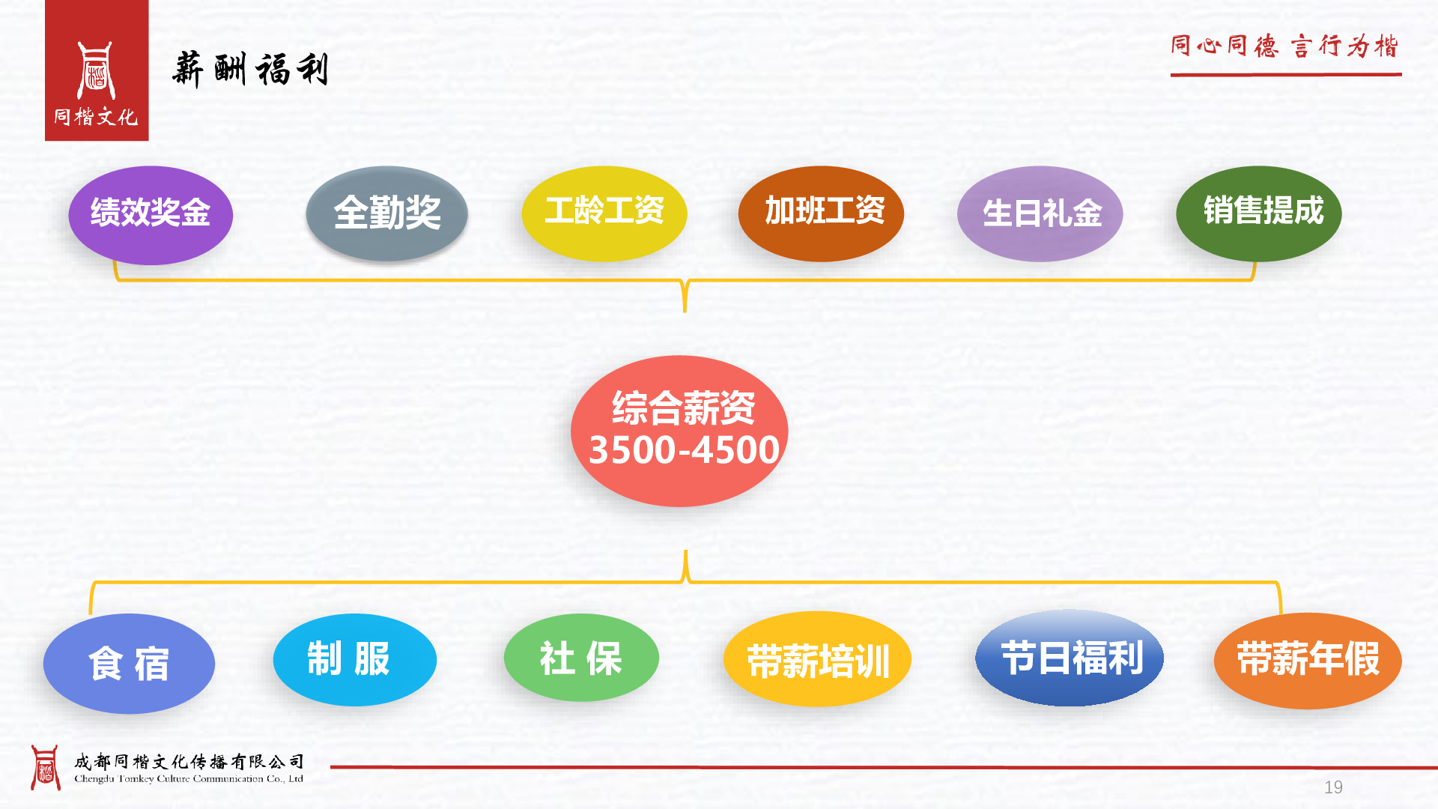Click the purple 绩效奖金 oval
point(151,215)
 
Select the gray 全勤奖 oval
point(386,213)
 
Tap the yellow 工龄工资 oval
point(604,213)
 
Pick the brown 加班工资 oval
point(821,213)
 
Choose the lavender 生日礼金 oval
point(1040,213)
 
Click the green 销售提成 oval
point(1259,213)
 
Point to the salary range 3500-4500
point(684,450)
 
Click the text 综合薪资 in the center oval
point(684,408)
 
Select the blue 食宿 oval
point(129,664)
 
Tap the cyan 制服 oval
point(355,660)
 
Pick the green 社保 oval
point(581,658)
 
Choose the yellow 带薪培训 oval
point(817,659)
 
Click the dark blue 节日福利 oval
point(1070,658)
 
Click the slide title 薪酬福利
point(250,70)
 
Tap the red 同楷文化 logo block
point(97,70)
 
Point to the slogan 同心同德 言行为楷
point(1285,46)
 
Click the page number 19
point(1333,787)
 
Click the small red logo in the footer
point(45,768)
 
